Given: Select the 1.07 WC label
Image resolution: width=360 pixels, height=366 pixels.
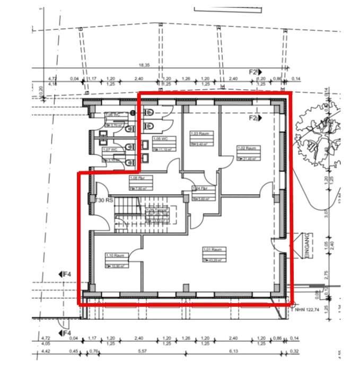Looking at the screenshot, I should click(x=110, y=150).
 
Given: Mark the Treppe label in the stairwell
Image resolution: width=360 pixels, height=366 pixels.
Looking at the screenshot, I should click(x=157, y=210).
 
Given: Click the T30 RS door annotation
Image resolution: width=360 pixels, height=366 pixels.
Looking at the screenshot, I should click(x=104, y=201).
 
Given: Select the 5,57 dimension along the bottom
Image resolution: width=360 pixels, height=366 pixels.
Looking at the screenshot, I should click(x=141, y=351).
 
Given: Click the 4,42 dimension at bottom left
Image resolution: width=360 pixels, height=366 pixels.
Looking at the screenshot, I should click(x=46, y=351).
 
